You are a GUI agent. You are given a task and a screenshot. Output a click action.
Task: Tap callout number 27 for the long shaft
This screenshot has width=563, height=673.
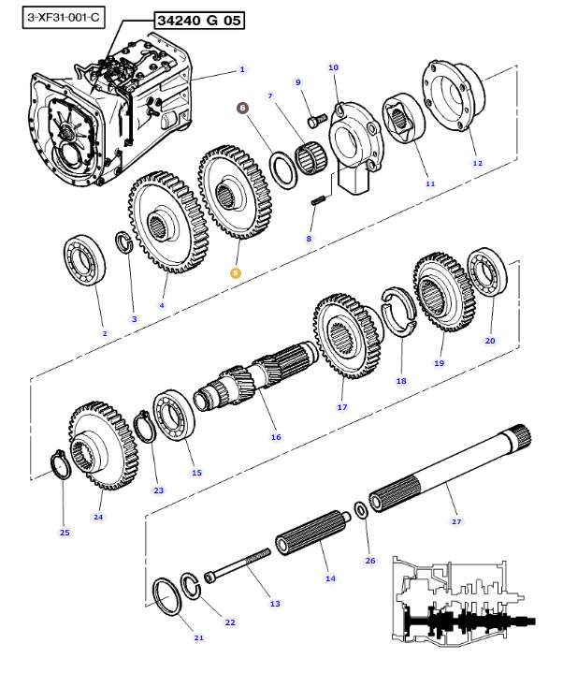(x=456, y=521)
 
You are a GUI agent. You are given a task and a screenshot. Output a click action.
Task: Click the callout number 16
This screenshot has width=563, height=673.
(x=275, y=436)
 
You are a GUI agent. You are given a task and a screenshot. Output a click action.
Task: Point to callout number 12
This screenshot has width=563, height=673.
(x=477, y=164)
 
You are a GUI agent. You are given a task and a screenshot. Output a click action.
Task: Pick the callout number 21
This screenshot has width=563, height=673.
(x=197, y=637)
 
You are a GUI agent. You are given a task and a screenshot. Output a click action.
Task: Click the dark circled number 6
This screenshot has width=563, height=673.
(x=243, y=108)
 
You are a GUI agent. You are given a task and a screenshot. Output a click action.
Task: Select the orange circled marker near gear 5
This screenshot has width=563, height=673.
(x=235, y=272)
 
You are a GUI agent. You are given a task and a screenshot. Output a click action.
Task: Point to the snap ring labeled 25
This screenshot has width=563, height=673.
(x=58, y=464)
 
